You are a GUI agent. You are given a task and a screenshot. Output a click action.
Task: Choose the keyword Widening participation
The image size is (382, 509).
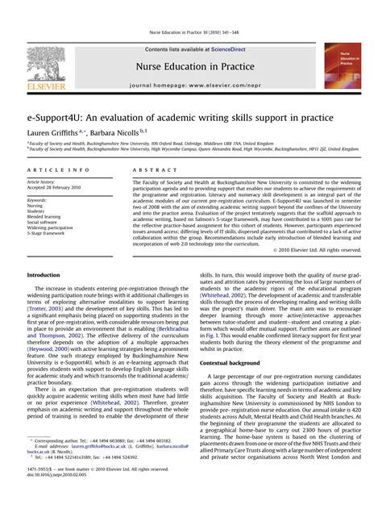[x=50, y=228]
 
